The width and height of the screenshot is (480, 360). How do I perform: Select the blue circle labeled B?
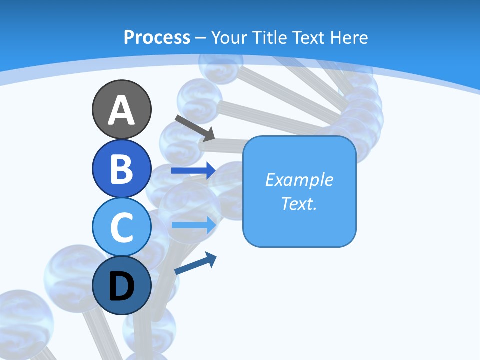[121, 168]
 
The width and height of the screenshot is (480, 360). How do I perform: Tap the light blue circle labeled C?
[121, 226]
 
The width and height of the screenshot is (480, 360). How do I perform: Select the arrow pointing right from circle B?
[193, 170]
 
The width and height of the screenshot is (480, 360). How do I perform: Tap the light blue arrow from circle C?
[194, 225]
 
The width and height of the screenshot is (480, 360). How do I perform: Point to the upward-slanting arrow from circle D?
[195, 263]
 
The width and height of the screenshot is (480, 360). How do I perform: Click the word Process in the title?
[157, 37]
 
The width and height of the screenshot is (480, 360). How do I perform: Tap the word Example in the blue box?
[299, 180]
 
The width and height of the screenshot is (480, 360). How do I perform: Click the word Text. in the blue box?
[299, 203]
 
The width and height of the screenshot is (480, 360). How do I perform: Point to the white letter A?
[121, 110]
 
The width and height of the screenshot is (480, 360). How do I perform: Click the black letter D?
[121, 287]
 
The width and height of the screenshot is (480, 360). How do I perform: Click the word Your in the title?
[228, 37]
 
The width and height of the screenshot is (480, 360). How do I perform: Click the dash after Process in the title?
[201, 38]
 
